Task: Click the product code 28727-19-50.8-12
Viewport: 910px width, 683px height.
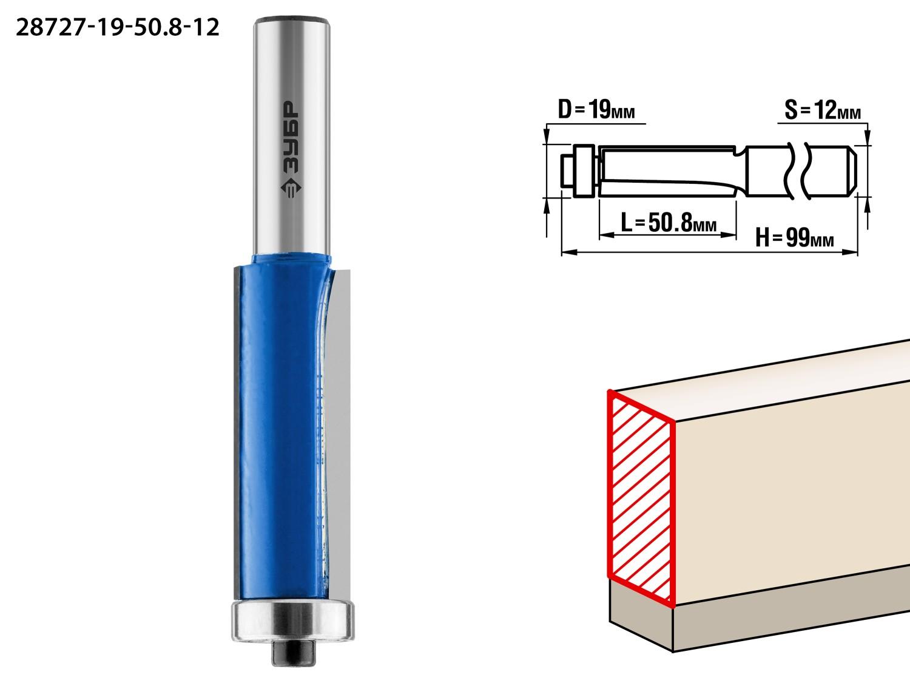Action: [x=117, y=27]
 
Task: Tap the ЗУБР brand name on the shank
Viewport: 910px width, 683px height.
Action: [x=290, y=138]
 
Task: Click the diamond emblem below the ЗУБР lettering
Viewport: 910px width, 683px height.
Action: [x=291, y=189]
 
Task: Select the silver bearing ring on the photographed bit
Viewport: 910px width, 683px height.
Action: [x=292, y=621]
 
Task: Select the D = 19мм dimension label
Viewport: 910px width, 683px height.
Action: [x=596, y=110]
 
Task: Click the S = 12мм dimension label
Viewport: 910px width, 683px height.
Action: [x=823, y=110]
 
